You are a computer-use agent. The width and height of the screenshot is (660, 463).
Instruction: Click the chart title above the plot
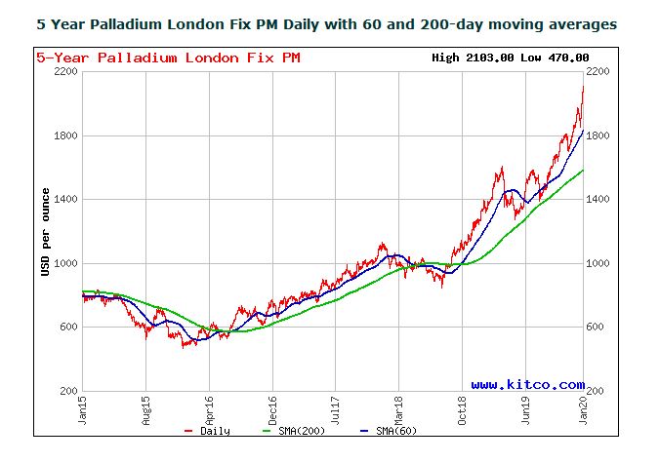[x=326, y=24]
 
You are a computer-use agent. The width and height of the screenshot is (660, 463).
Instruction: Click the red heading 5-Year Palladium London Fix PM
[x=168, y=58]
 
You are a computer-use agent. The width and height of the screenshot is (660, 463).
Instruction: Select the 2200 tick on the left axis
[x=66, y=72]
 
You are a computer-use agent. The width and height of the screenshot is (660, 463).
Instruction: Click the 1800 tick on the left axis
[x=66, y=136]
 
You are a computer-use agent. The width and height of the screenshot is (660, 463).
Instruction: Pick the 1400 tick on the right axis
[x=598, y=200]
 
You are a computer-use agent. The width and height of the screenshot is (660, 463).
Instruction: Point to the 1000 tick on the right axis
[x=598, y=263]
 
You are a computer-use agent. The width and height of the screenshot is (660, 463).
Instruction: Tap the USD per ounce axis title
[x=45, y=232]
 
